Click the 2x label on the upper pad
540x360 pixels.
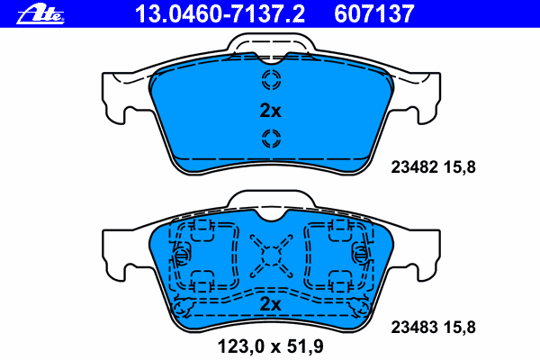(270, 112)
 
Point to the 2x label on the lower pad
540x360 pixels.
(270, 305)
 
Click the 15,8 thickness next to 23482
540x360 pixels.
(462, 166)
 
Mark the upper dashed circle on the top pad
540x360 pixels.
(270, 81)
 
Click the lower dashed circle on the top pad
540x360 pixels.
(270, 138)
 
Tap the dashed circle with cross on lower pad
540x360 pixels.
(270, 255)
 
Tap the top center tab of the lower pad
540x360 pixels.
(270, 203)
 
